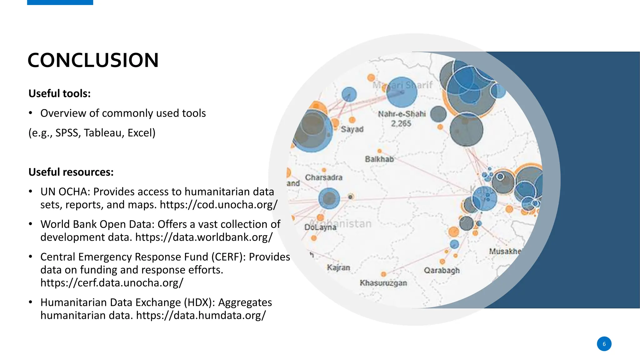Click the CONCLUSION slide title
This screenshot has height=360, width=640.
[x=93, y=60]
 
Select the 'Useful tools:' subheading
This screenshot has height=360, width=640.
[x=59, y=93]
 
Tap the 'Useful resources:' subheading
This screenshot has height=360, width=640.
[x=71, y=172]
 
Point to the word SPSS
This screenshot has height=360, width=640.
[x=67, y=133]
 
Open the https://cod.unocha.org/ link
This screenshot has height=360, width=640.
[x=218, y=205]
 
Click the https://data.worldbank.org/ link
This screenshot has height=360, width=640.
[x=204, y=237]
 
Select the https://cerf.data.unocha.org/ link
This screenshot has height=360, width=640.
[x=112, y=283]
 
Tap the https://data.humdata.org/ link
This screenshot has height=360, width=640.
[x=201, y=315]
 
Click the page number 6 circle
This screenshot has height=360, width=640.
[x=604, y=344]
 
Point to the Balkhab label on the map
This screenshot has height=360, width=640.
[x=379, y=159]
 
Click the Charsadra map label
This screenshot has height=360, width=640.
[x=323, y=177]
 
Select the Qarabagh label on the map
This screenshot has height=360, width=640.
[x=442, y=270]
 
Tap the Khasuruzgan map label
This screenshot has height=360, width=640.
[x=383, y=283]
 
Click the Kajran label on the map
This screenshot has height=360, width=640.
[x=338, y=268]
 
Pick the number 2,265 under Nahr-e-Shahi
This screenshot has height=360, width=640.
[x=401, y=124]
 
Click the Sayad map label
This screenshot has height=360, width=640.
[x=352, y=129]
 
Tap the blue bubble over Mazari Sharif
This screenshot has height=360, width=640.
[x=402, y=92]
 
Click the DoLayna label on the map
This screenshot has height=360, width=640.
[x=320, y=227]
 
